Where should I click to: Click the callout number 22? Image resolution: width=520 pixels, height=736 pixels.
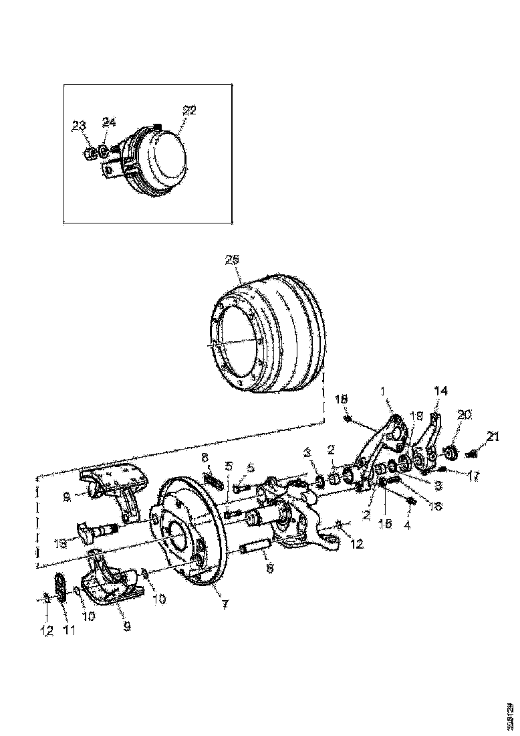(x=190, y=110)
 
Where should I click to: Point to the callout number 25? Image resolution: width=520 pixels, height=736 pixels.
(x=231, y=259)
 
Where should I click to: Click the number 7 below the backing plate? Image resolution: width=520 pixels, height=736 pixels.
(x=225, y=604)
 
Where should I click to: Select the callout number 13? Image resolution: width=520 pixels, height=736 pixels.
(x=59, y=545)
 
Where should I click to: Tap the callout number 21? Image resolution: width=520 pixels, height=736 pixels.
(x=493, y=437)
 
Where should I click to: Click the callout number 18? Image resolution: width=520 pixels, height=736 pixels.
(x=342, y=399)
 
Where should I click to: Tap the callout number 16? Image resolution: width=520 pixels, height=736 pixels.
(x=434, y=507)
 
